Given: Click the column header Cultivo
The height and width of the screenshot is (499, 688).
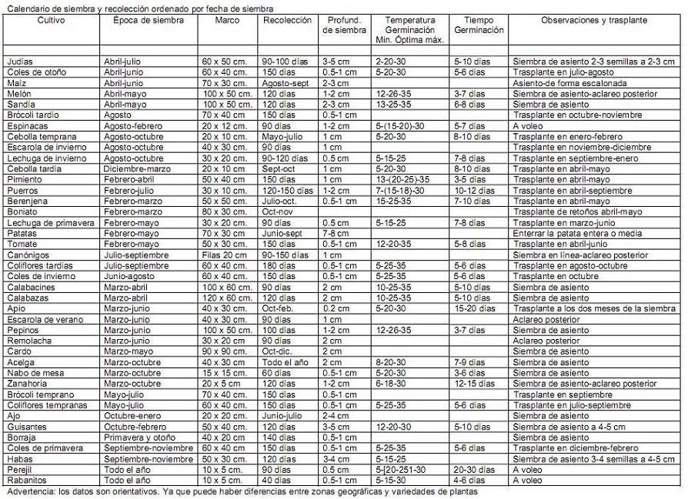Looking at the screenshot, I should pyautogui.click(x=52, y=20).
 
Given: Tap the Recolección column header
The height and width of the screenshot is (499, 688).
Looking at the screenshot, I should pyautogui.click(x=287, y=20).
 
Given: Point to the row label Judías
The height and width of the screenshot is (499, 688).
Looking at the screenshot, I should pyautogui.click(x=19, y=60).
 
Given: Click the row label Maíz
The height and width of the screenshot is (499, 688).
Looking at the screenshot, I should pyautogui.click(x=16, y=82).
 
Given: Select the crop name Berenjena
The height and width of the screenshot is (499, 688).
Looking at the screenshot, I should pyautogui.click(x=26, y=200).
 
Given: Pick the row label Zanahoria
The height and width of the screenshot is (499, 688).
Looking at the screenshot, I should pyautogui.click(x=27, y=383).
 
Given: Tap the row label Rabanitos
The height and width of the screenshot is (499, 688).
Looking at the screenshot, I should pyautogui.click(x=25, y=480).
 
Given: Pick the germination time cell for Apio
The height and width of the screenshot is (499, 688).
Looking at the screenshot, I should pyautogui.click(x=475, y=308).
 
